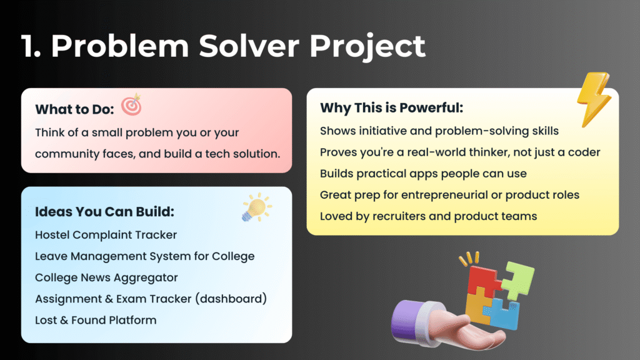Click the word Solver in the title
coord(249,46)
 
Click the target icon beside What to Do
coord(131,104)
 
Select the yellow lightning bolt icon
coord(594,99)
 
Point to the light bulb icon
coord(256,207)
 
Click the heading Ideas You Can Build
coord(104,211)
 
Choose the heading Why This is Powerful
coord(391,107)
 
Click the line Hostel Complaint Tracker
coord(106,235)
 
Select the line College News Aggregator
coord(106,278)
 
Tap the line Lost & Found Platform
coord(96,320)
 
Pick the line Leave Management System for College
coord(144,256)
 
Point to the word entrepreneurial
coord(444,195)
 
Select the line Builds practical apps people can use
coord(423,174)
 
